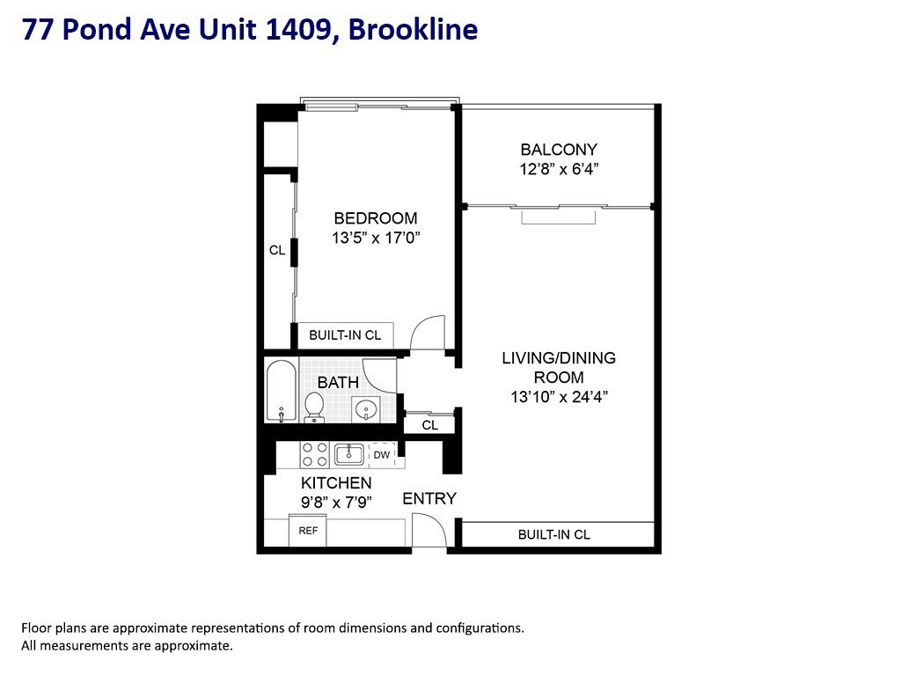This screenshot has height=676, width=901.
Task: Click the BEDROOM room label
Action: [375, 218]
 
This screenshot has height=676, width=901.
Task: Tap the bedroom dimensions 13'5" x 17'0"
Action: [376, 238]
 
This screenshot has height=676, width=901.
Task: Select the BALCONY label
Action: [558, 150]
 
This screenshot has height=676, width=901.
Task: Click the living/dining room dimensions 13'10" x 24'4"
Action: [559, 396]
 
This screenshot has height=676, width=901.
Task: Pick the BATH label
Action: [338, 383]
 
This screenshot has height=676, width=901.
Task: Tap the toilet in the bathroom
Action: [314, 406]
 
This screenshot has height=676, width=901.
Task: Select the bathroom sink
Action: [366, 408]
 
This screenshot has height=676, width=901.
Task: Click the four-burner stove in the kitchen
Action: [314, 454]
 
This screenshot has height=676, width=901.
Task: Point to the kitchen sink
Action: [349, 454]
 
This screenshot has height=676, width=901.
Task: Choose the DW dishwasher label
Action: [381, 455]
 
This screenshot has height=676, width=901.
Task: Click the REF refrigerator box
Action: [308, 531]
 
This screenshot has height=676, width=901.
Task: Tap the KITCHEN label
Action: [336, 483]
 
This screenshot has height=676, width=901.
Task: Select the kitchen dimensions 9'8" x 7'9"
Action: [336, 503]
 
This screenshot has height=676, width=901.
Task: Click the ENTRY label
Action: [429, 499]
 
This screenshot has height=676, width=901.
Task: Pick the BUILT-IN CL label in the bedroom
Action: [345, 335]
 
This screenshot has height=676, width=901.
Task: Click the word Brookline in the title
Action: [414, 30]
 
